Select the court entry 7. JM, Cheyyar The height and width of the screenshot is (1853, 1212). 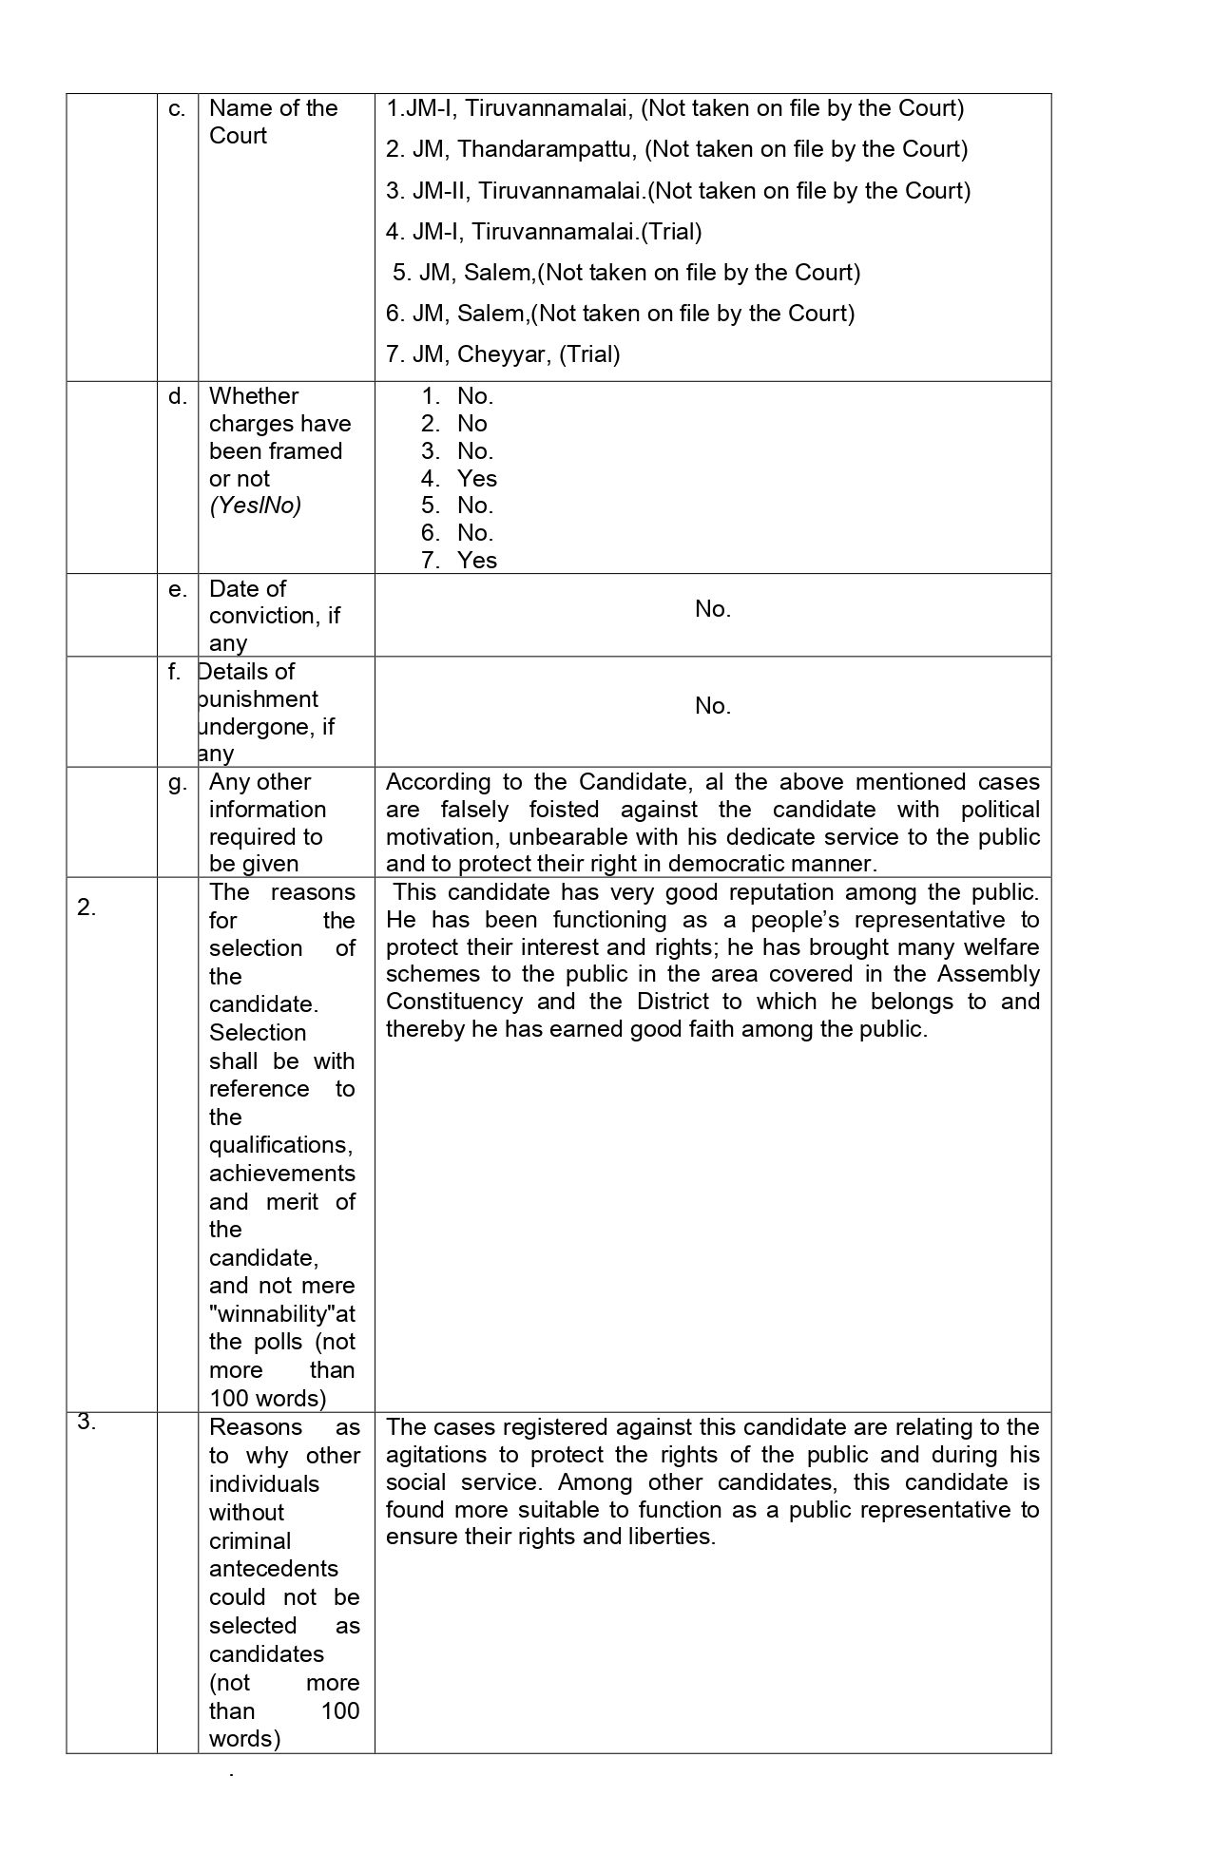click(502, 354)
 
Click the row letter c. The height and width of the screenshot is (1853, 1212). click(177, 108)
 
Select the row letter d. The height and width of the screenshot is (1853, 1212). click(177, 396)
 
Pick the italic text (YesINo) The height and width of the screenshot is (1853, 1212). click(255, 506)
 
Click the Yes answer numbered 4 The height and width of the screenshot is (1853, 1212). click(476, 479)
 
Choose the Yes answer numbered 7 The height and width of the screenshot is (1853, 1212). click(476, 561)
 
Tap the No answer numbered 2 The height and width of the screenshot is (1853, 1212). click(471, 424)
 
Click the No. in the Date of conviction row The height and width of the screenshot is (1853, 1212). click(712, 609)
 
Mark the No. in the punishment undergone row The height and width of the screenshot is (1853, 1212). click(712, 706)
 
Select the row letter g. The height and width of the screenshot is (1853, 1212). click(177, 782)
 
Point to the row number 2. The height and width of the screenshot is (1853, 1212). click(87, 907)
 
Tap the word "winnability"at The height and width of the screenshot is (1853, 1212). click(282, 1314)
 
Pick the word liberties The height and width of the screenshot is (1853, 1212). click(671, 1537)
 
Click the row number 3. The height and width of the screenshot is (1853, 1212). click(87, 1423)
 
